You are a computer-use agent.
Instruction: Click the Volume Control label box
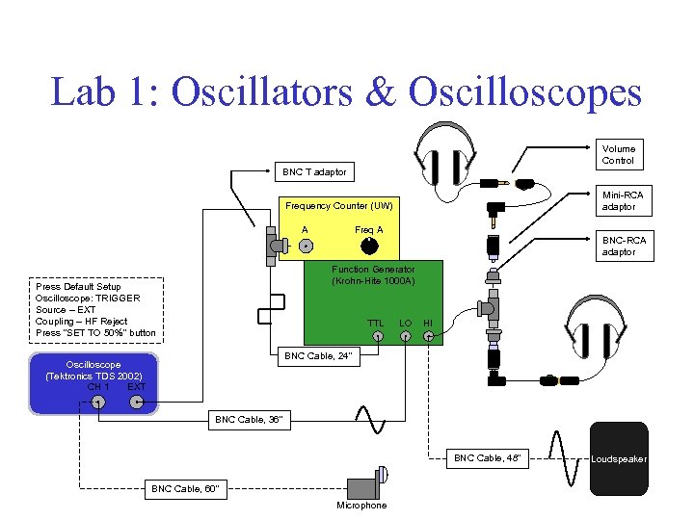pyautogui.click(x=618, y=154)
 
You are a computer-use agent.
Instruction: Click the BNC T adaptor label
pyautogui.click(x=313, y=172)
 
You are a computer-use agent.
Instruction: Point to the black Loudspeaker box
pyautogui.click(x=619, y=459)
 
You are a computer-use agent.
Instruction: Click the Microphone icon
pyautogui.click(x=364, y=481)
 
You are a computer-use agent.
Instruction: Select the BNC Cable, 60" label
pyautogui.click(x=185, y=489)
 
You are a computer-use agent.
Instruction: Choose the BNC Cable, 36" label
pyautogui.click(x=248, y=420)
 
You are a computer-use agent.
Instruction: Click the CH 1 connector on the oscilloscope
pyautogui.click(x=97, y=403)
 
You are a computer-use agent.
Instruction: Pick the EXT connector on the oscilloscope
pyautogui.click(x=137, y=403)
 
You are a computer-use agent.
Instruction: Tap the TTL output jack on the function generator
pyautogui.click(x=378, y=336)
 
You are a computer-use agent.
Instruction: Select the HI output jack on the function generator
pyautogui.click(x=429, y=336)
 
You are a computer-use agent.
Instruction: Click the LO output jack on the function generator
pyautogui.click(x=406, y=336)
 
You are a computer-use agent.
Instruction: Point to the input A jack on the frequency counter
pyautogui.click(x=305, y=247)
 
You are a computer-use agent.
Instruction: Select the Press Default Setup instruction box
pyautogui.click(x=96, y=310)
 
